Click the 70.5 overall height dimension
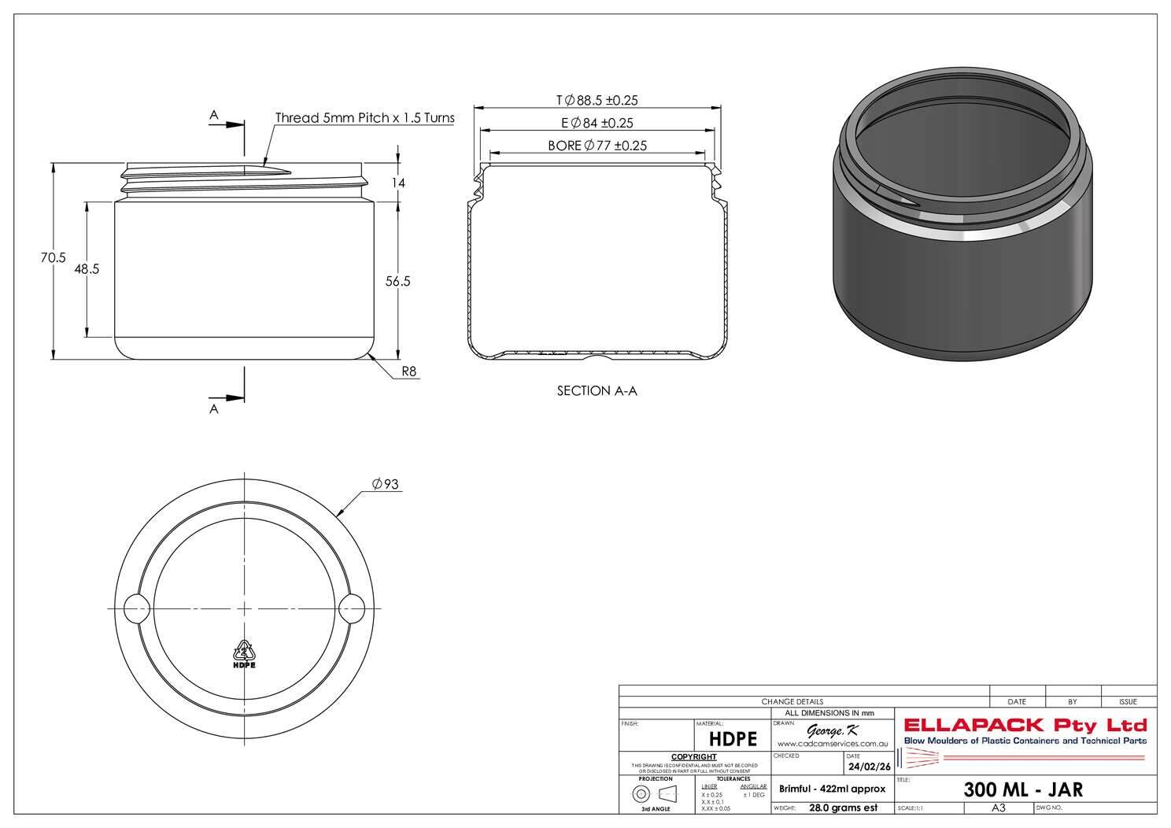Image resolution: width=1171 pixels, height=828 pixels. point(54,257)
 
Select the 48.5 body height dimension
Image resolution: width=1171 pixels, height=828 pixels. point(87,269)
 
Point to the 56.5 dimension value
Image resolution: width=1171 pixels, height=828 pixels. point(397,281)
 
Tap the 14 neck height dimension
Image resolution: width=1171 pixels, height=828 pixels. point(398,183)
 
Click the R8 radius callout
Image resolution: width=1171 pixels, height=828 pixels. point(408,371)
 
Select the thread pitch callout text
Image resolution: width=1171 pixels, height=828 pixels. point(364,118)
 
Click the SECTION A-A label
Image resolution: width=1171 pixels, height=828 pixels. point(597,390)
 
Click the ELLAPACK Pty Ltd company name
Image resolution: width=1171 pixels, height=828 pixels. point(1025,725)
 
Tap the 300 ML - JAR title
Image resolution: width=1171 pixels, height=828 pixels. point(1023,789)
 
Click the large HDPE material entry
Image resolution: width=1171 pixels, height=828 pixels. point(733,739)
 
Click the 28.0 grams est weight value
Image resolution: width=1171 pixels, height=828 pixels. point(843,808)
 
